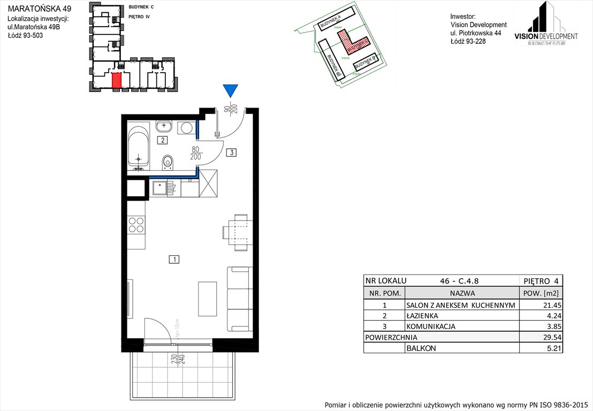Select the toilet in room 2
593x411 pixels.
pos(168,161)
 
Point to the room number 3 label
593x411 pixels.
pos(231,153)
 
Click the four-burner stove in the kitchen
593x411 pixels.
pos(137,224)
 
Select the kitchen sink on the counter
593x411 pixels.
pos(160,188)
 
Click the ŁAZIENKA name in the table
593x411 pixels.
pos(423,316)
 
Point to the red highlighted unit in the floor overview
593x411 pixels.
pos(116,80)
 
